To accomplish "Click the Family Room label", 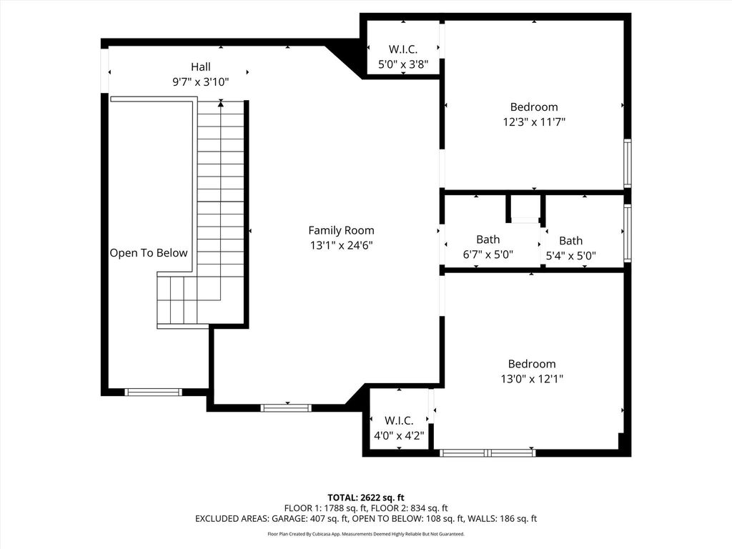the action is [x=341, y=230].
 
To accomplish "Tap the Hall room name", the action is [x=201, y=66].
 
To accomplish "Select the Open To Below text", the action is [x=149, y=253].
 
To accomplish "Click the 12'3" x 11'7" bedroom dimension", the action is [x=534, y=122].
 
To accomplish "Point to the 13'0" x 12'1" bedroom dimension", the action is [x=532, y=379].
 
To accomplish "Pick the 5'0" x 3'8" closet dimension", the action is [x=403, y=64].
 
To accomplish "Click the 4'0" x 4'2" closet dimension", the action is [x=399, y=436].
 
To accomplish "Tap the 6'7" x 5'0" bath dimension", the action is [x=488, y=255].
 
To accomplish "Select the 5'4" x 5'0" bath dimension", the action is [x=571, y=256].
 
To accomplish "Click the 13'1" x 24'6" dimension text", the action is [x=341, y=246].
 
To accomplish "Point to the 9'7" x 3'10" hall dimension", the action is [x=201, y=82].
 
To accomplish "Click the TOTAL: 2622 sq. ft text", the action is [x=366, y=498].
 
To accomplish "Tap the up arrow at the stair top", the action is [x=221, y=104].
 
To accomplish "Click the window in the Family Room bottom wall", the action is [x=286, y=408].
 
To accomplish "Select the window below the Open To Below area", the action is [x=154, y=392].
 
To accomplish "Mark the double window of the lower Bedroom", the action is [x=488, y=452].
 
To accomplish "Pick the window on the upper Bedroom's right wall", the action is [x=628, y=164].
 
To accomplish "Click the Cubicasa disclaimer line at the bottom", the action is [x=366, y=534].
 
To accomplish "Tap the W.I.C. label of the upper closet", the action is [x=403, y=49].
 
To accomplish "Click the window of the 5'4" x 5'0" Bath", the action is [x=628, y=232].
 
